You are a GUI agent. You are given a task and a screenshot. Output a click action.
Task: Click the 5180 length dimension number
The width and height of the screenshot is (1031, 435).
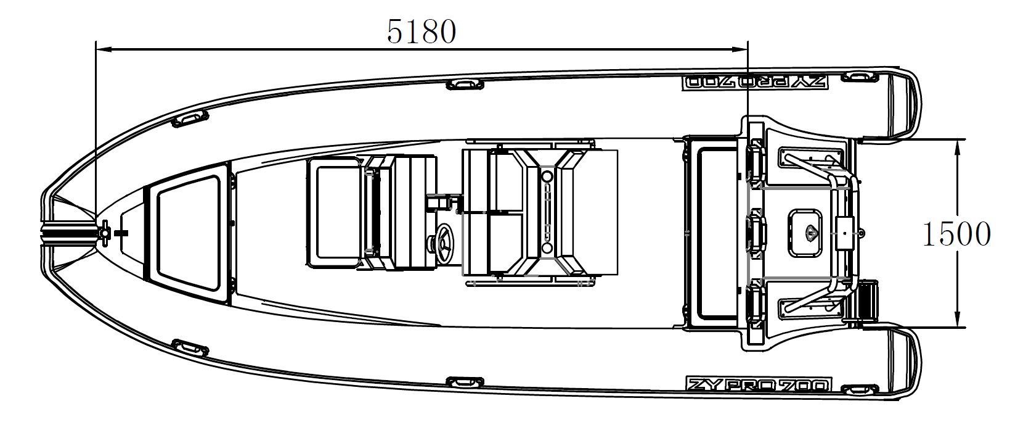(421, 32)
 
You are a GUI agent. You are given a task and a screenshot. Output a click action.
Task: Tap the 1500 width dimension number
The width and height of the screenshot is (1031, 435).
(956, 234)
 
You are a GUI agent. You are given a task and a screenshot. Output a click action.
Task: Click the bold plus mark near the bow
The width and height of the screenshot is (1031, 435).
(121, 233)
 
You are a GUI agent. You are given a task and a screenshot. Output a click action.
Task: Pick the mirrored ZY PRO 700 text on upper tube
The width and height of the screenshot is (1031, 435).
(754, 82)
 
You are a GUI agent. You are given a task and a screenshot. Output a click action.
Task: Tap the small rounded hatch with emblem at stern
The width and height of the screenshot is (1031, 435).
(805, 233)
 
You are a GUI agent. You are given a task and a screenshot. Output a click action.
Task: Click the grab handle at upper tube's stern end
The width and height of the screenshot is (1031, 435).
(859, 77)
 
